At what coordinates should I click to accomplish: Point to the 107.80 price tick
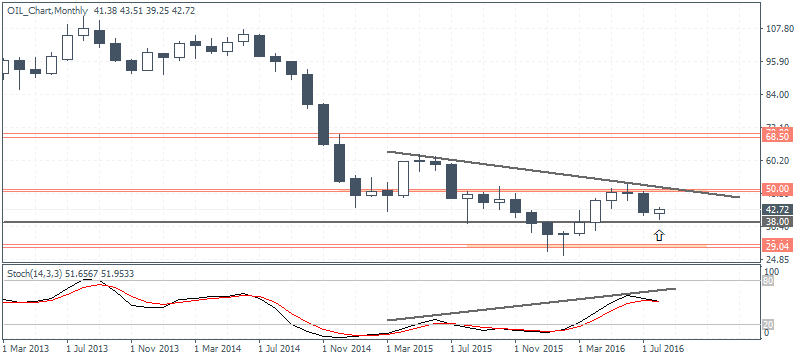[780, 28]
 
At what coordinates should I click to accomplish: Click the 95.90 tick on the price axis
[778, 61]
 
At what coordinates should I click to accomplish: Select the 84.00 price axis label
[778, 95]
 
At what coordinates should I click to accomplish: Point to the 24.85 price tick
[778, 259]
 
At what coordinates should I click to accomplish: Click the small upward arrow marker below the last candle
[659, 235]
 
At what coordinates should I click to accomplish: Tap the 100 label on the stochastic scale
[772, 272]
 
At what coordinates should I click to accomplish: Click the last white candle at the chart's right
[659, 211]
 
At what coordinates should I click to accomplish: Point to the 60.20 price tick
[778, 160]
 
